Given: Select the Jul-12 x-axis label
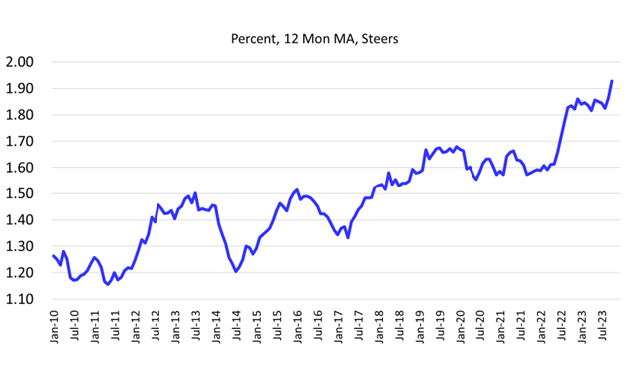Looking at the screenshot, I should point(156,330).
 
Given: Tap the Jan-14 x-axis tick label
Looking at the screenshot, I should point(216,330).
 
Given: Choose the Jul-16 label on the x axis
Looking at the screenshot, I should point(318,330).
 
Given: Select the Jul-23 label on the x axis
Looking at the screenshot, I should point(601,330).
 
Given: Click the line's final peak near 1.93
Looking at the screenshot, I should point(611,81).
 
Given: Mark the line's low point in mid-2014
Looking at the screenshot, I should point(236,271).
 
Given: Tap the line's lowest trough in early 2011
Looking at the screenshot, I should point(108,284).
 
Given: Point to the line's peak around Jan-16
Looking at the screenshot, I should point(297,189).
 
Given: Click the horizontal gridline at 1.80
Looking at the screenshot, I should point(329,115).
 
